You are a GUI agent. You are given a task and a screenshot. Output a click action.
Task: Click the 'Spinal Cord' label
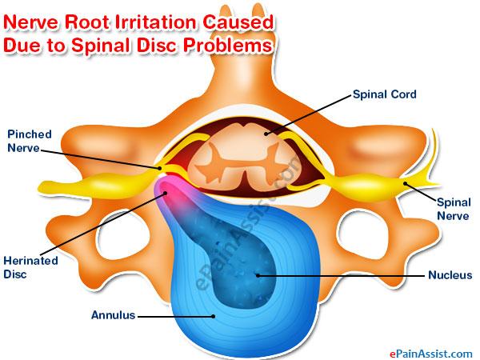click(x=386, y=94)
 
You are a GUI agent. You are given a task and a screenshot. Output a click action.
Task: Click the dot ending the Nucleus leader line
click(x=257, y=276)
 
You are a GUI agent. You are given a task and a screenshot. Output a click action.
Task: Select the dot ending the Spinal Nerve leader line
click(x=406, y=185)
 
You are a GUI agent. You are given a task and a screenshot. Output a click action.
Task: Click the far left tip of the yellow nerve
click(x=40, y=190)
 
